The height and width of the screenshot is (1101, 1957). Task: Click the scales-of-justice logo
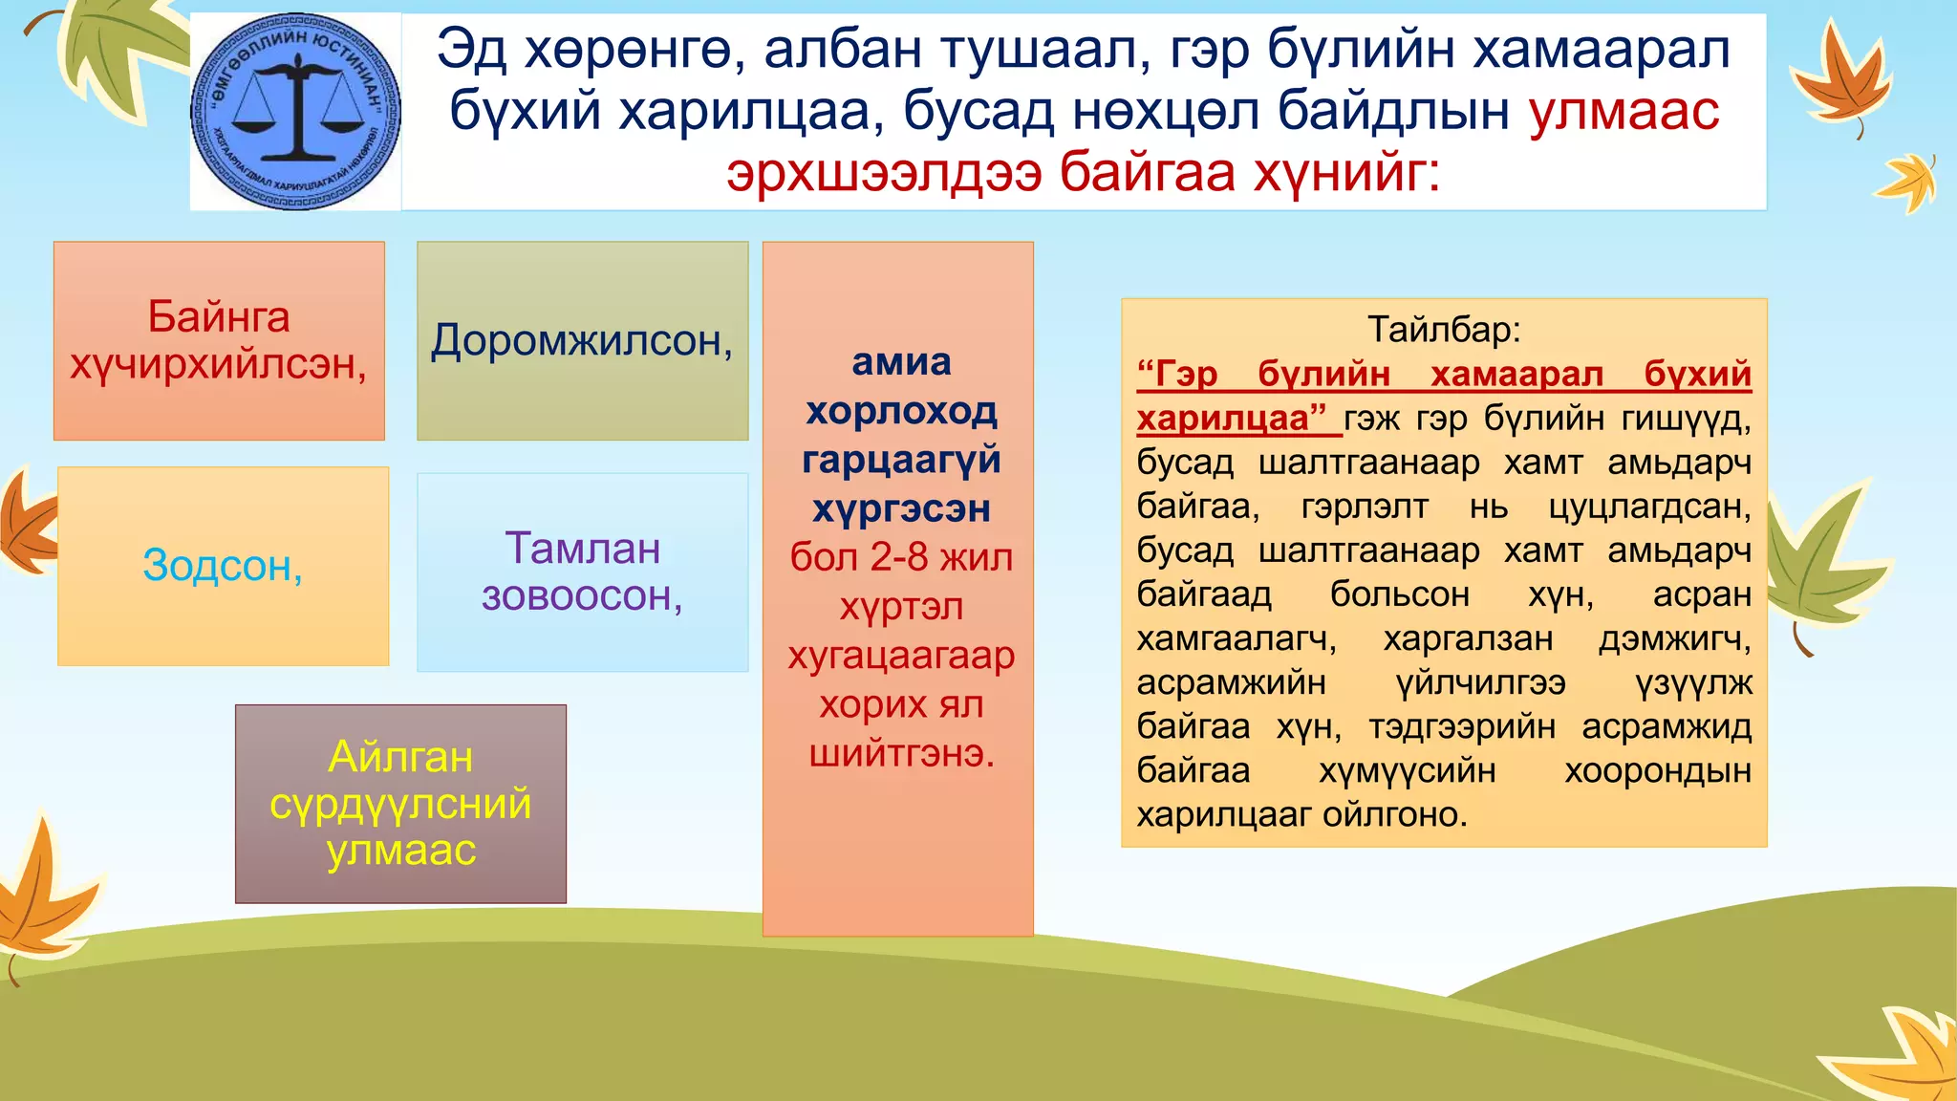(x=294, y=112)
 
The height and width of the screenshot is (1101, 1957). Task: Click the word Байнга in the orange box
(x=219, y=316)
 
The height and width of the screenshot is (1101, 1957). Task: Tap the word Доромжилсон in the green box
(x=580, y=340)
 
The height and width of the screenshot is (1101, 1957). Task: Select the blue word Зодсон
(x=222, y=566)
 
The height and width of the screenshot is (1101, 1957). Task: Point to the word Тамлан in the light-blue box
(x=582, y=549)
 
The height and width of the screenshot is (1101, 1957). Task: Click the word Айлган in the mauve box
(x=400, y=757)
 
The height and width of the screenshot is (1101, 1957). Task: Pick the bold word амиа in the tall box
(x=901, y=361)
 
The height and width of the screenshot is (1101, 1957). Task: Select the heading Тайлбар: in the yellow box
(x=1443, y=329)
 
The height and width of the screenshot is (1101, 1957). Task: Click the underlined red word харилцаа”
(x=1232, y=419)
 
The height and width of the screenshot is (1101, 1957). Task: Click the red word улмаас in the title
(x=1624, y=111)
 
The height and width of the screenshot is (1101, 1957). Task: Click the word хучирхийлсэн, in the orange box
(x=219, y=364)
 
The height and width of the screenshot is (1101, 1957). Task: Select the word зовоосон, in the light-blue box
(x=582, y=596)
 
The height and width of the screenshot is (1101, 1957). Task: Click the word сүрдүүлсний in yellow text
(x=400, y=804)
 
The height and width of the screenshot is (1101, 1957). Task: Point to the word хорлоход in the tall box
(x=901, y=411)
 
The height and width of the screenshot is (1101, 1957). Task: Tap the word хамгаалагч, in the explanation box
(x=1236, y=638)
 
